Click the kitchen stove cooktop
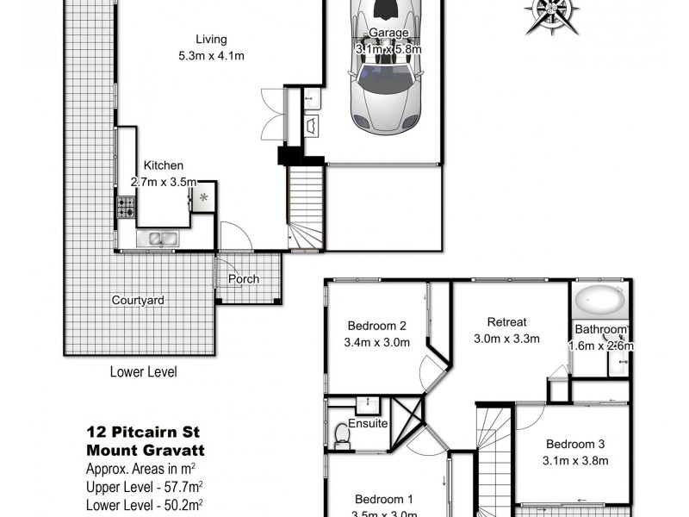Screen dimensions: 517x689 coord(125,207)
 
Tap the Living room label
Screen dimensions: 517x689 coord(210,39)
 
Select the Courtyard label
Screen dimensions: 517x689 coord(138,301)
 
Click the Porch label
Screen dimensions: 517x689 coord(243,279)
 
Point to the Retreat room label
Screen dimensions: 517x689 coord(506,323)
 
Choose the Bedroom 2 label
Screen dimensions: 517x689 coord(376,326)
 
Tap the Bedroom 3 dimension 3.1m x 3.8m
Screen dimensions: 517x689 coord(577,461)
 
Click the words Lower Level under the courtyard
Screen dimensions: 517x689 coord(143,373)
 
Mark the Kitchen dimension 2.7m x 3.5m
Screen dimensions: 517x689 coord(164,182)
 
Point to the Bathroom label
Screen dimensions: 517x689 coord(601,330)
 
